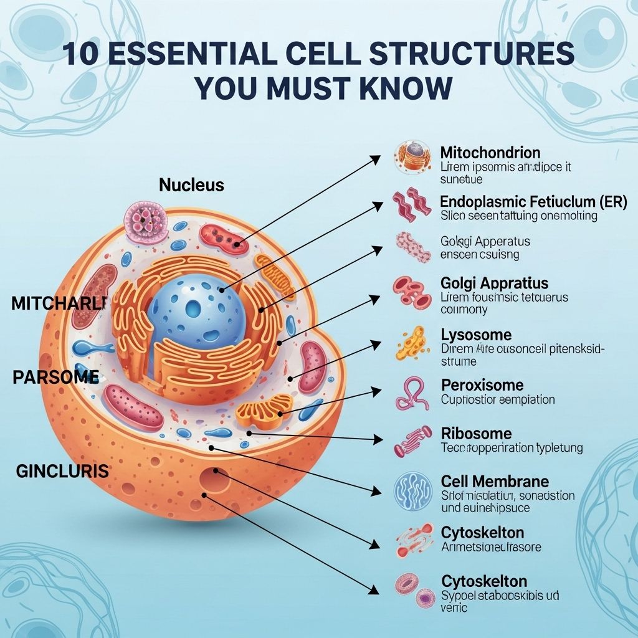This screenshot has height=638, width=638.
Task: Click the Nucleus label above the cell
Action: coord(191,185)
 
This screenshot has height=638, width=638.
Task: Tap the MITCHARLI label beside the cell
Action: coord(59,303)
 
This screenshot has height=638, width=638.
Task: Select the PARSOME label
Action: coord(55,377)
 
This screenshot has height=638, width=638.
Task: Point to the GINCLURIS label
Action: coord(62,471)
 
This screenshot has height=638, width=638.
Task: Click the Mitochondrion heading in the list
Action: coord(490,153)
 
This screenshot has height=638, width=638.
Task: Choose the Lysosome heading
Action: coord(476,335)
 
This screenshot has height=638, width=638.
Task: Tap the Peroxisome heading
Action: coord(482,384)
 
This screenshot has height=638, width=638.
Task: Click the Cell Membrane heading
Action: coord(495,481)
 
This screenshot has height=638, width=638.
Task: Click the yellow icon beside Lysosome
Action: coord(412,342)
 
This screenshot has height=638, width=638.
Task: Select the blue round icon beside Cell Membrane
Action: coord(412,490)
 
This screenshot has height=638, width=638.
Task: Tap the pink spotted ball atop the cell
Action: coord(146,221)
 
